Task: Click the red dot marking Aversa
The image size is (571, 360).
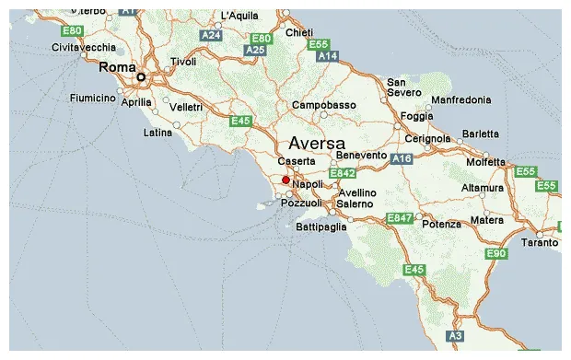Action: click(x=285, y=180)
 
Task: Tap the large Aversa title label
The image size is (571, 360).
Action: click(x=317, y=144)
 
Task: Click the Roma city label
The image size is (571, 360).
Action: click(x=117, y=67)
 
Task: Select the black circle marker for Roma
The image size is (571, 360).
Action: click(x=141, y=77)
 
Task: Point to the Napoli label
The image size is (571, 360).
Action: click(x=308, y=184)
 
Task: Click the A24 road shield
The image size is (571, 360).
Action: click(x=211, y=35)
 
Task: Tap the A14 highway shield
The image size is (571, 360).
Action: click(x=327, y=56)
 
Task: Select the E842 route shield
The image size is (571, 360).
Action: click(x=343, y=173)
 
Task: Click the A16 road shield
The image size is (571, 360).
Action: click(x=401, y=159)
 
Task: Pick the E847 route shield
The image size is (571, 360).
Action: click(x=399, y=218)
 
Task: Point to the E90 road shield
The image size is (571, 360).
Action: click(x=496, y=254)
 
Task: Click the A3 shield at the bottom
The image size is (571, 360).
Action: click(x=455, y=336)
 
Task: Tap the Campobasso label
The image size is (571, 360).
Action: click(x=324, y=105)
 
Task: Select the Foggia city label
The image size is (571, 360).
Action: click(x=417, y=116)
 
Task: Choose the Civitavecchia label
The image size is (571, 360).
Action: click(x=84, y=46)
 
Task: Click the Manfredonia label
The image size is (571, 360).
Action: click(x=468, y=99)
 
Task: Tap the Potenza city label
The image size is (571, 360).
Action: click(x=443, y=225)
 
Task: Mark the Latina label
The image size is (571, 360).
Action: click(x=157, y=133)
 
